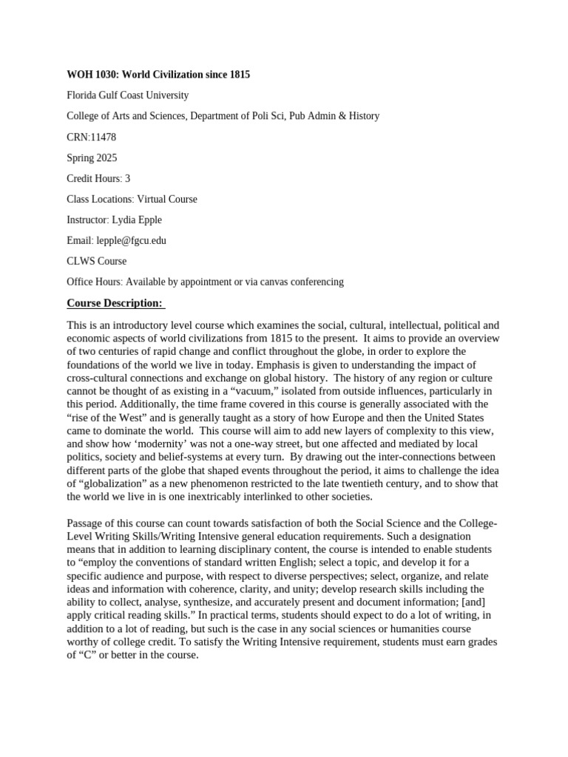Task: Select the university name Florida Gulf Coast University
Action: tap(127, 95)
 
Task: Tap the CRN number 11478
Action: tap(102, 137)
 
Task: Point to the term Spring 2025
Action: tap(92, 157)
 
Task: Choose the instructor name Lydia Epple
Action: tap(136, 220)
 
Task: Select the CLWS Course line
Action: tap(96, 261)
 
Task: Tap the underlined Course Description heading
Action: tap(115, 303)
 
